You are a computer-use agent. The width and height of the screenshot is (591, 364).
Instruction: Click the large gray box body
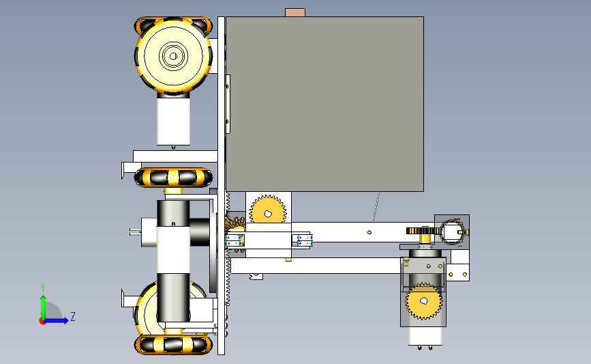pos(324,104)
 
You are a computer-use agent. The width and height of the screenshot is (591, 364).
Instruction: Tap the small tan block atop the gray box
pos(295,12)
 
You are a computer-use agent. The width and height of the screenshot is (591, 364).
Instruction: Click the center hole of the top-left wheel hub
pos(173,56)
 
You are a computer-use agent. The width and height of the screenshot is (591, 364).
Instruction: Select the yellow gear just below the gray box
pos(268,210)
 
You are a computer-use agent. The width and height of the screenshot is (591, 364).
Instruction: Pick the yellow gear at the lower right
pos(424,301)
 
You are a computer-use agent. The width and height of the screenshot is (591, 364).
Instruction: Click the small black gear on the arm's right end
pos(423,231)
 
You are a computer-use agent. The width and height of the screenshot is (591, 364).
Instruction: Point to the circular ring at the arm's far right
pos(453,232)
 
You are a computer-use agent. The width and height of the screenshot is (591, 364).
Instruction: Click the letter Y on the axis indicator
pos(43,288)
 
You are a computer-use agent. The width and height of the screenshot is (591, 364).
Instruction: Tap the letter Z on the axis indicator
pos(73,316)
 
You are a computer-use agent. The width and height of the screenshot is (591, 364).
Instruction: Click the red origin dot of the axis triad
pos(42,322)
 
